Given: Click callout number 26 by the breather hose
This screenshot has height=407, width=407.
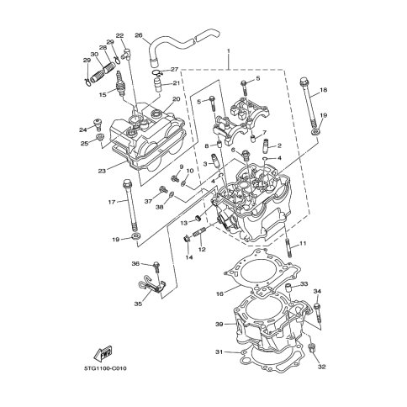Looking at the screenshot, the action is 139,35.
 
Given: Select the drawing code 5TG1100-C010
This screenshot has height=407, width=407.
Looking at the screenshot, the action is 105,368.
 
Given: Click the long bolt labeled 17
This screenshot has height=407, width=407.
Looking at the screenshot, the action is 130,207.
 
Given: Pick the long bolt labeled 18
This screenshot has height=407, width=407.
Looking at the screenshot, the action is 309,103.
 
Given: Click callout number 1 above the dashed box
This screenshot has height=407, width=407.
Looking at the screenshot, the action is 229,51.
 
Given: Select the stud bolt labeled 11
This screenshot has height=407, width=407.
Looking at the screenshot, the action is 288,247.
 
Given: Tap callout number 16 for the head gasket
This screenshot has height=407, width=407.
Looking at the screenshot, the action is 219,293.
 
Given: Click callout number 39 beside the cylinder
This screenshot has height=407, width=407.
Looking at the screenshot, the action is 219,325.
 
